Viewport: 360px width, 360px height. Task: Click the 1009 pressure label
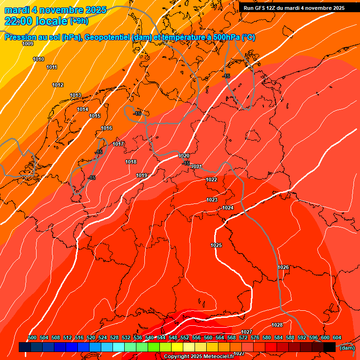pyautogui.click(x=28, y=44)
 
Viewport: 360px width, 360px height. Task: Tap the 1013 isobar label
pyautogui.click(x=75, y=95)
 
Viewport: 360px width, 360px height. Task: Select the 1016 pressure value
pyautogui.click(x=106, y=128)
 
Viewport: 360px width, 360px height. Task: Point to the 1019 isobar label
pyautogui.click(x=142, y=175)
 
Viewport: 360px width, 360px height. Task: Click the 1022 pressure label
pyautogui.click(x=211, y=180)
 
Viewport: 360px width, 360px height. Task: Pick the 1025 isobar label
pyautogui.click(x=216, y=245)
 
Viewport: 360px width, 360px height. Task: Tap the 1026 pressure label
pyautogui.click(x=283, y=267)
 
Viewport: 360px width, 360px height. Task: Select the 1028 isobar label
pyautogui.click(x=277, y=325)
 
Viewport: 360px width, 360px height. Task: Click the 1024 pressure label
pyautogui.click(x=228, y=208)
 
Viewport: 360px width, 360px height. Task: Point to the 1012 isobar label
pyautogui.click(x=58, y=85)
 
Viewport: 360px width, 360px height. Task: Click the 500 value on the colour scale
pyautogui.click(x=32, y=337)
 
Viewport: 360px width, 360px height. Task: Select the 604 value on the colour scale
pyautogui.click(x=337, y=337)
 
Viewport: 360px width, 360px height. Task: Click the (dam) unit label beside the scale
pyautogui.click(x=347, y=348)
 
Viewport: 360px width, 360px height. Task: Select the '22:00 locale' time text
pyautogui.click(x=36, y=21)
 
